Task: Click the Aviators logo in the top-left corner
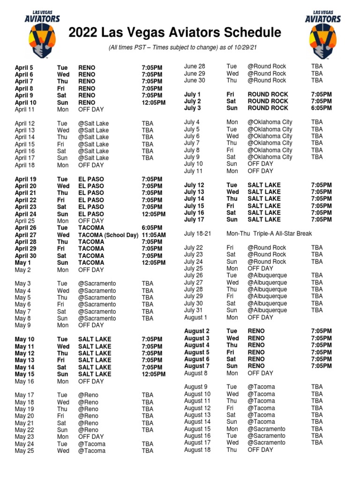pyautogui.click(x=42, y=34)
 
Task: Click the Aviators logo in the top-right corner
pyautogui.click(x=322, y=34)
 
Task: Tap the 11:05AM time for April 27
pyautogui.click(x=153, y=235)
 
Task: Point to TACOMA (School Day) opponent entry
pyautogui.click(x=105, y=235)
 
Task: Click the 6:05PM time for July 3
pyautogui.click(x=321, y=108)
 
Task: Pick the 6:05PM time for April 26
pyautogui.click(x=152, y=228)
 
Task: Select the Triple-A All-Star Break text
pyautogui.click(x=281, y=233)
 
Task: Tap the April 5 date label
pyautogui.click(x=24, y=67)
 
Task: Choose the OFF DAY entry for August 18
pyautogui.click(x=260, y=450)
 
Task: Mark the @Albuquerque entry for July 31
pyautogui.click(x=267, y=310)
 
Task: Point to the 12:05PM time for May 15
pyautogui.click(x=153, y=375)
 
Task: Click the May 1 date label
pyautogui.click(x=22, y=263)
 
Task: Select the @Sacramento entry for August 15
pyautogui.click(x=266, y=429)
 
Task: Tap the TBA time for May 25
pyautogui.click(x=147, y=451)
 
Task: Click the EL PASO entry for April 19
pyautogui.click(x=91, y=179)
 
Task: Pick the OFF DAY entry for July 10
pyautogui.click(x=260, y=164)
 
